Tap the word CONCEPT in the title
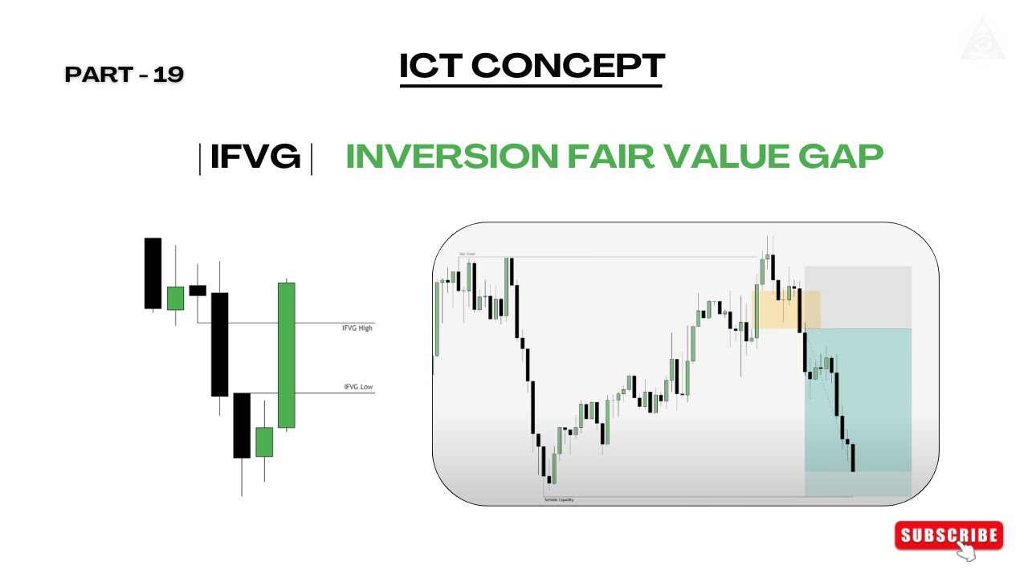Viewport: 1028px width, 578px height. click(x=567, y=66)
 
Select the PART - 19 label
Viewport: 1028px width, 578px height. click(x=124, y=75)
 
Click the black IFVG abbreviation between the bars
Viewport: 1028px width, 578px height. click(x=255, y=157)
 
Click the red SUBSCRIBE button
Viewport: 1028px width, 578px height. click(x=948, y=536)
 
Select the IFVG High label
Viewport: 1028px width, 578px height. click(x=357, y=328)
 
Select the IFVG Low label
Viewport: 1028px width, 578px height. click(x=358, y=387)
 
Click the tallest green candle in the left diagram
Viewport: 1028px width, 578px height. click(x=286, y=355)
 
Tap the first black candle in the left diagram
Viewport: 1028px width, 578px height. click(x=153, y=273)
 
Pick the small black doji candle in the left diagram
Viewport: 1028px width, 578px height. click(x=198, y=291)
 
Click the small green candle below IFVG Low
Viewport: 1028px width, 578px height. click(x=264, y=442)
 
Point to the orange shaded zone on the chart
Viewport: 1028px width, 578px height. click(x=785, y=309)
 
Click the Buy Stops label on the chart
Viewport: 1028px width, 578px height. click(x=467, y=254)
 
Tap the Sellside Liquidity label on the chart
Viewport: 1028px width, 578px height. click(x=559, y=499)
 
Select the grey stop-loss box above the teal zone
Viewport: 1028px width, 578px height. click(x=858, y=297)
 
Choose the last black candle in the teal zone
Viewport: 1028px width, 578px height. click(x=852, y=458)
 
